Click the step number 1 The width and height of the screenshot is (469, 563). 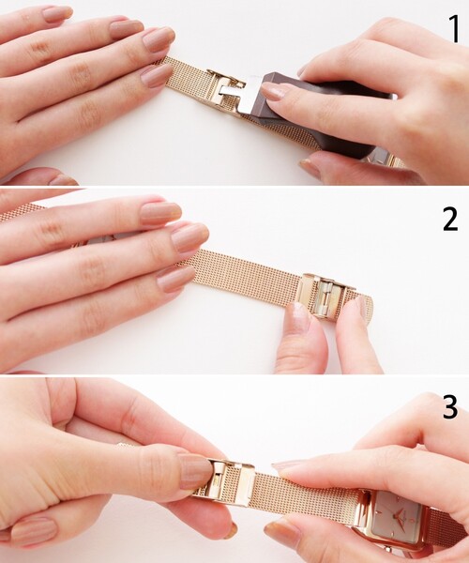(454, 29)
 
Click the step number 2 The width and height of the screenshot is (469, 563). (450, 219)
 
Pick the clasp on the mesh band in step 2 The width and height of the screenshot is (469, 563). (323, 295)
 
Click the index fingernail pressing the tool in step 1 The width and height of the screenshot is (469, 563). (278, 92)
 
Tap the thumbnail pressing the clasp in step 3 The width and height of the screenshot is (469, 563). (195, 470)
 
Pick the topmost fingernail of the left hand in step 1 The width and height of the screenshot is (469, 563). (57, 14)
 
